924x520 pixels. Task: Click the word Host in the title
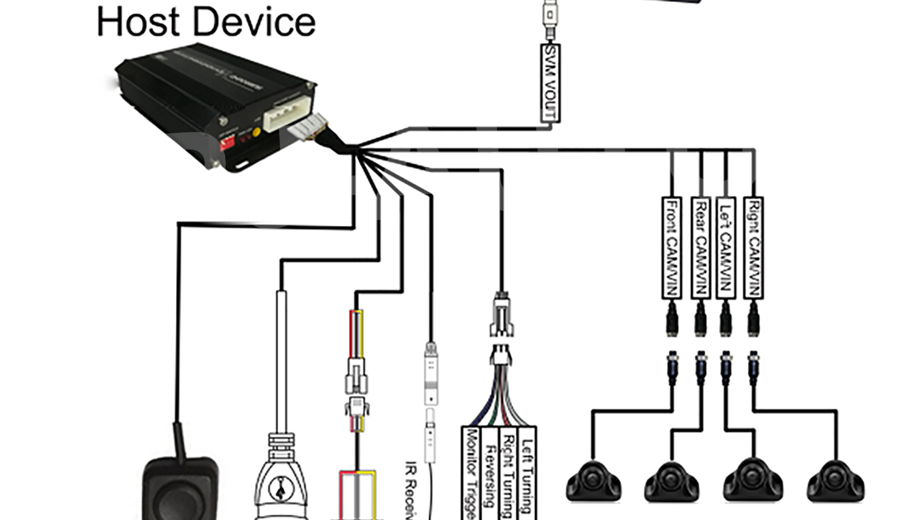[x=138, y=22]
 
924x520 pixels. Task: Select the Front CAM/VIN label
[x=672, y=248]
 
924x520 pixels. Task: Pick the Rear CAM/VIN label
[x=700, y=248]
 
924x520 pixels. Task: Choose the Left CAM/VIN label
[x=726, y=248]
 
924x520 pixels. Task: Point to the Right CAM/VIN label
[x=754, y=248]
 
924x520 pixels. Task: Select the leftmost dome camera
[x=593, y=481]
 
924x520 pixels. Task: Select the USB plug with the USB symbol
[x=281, y=481]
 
